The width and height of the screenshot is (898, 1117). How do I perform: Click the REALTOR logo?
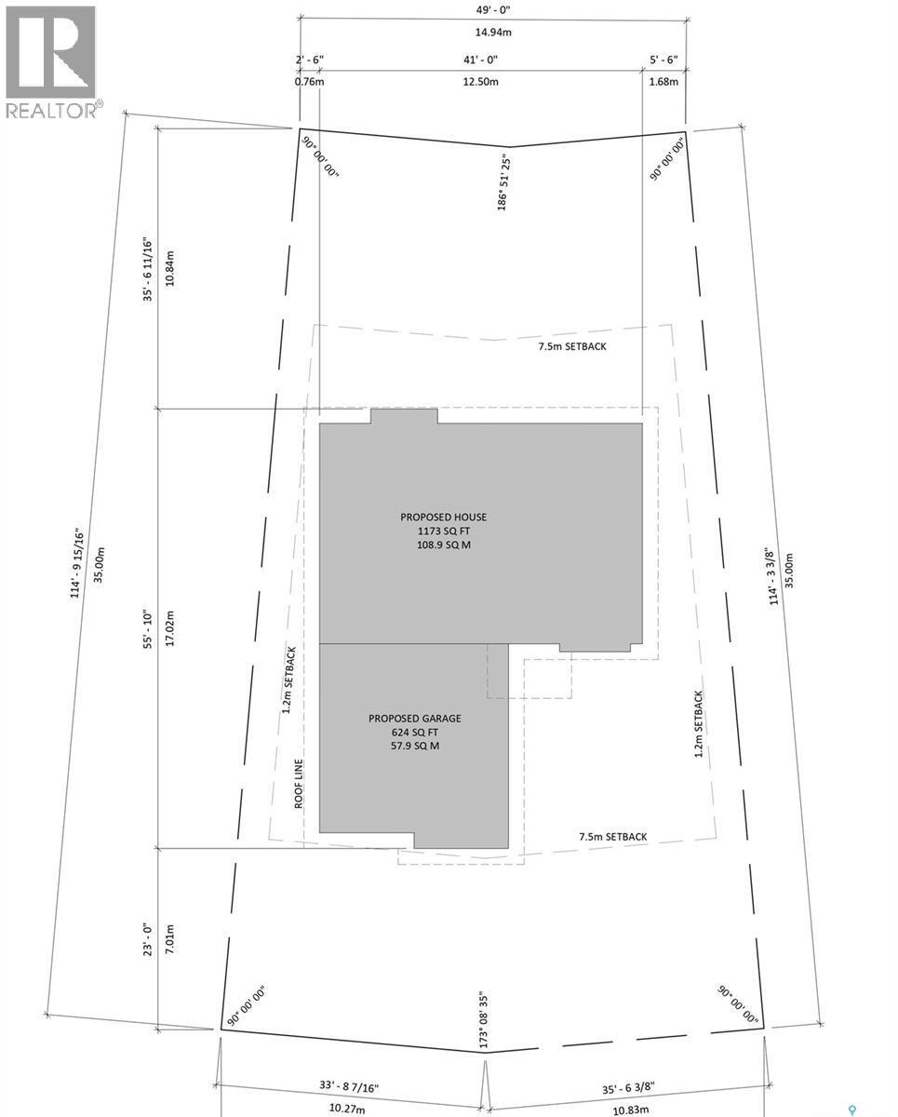click(x=52, y=61)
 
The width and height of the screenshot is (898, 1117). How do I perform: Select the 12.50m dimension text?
click(x=482, y=81)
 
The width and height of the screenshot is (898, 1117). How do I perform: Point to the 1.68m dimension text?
click(x=663, y=81)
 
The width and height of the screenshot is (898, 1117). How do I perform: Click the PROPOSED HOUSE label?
click(x=444, y=518)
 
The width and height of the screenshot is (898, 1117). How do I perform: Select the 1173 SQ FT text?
click(x=444, y=532)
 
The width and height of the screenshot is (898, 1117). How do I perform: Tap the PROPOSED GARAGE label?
click(x=415, y=719)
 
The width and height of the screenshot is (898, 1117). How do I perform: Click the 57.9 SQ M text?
click(x=415, y=747)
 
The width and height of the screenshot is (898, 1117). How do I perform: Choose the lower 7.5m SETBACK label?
click(x=612, y=837)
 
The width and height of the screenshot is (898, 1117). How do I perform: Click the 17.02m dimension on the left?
click(x=168, y=627)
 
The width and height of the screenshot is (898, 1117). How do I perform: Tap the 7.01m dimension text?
click(x=168, y=940)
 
